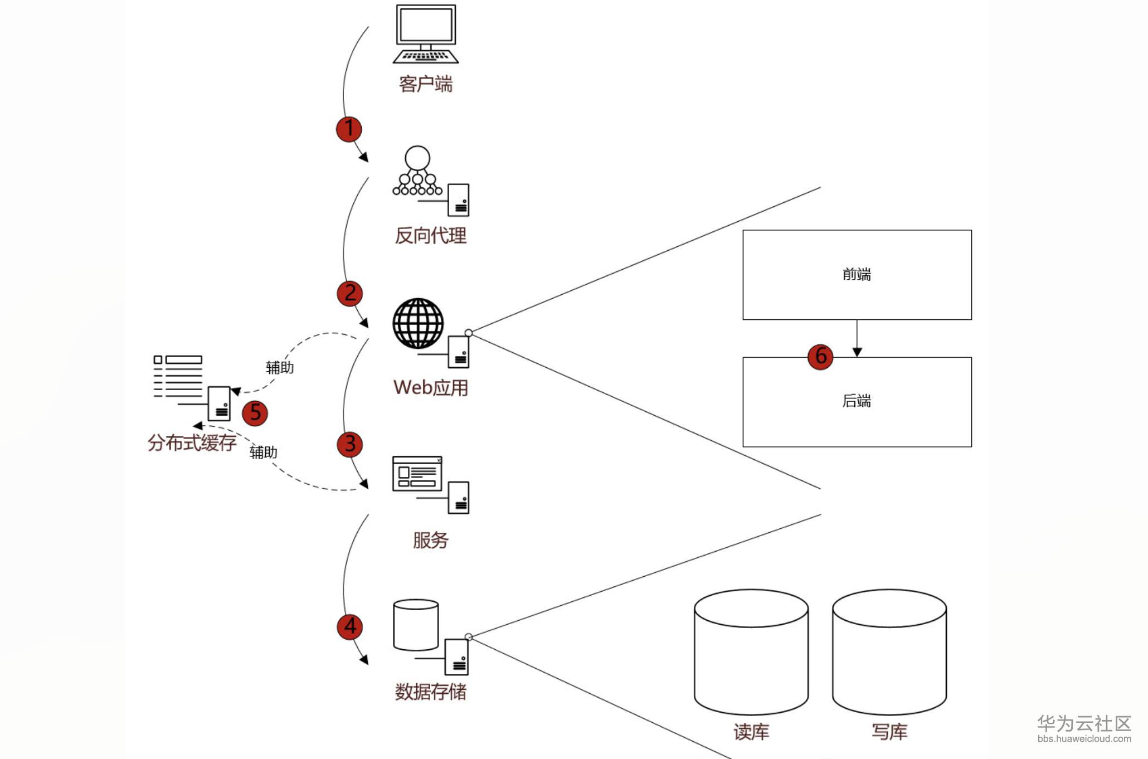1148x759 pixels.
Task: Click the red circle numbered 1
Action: [x=349, y=129]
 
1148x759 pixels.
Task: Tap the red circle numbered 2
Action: [x=350, y=294]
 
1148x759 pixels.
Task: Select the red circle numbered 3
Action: [x=350, y=445]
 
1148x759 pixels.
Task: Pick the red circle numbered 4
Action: [x=350, y=626]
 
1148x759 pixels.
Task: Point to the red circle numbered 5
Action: [x=255, y=413]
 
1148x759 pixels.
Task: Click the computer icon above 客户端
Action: [x=426, y=33]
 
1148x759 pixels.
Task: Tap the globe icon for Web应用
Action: [x=418, y=323]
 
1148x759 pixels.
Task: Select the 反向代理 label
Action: [x=430, y=236]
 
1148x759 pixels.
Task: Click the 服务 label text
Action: [x=430, y=540]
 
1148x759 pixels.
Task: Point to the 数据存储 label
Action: [x=430, y=692]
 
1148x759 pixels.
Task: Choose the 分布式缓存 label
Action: [x=192, y=443]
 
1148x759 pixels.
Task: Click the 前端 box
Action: [x=857, y=275]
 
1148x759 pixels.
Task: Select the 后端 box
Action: [x=857, y=402]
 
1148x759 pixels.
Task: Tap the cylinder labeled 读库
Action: [x=751, y=652]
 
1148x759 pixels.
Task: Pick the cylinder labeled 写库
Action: [x=889, y=652]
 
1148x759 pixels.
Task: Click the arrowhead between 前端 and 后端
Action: [x=857, y=352]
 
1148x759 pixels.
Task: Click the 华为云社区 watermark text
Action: [x=1084, y=723]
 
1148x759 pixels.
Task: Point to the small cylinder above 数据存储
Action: [x=416, y=625]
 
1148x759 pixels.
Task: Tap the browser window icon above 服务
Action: [x=417, y=474]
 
